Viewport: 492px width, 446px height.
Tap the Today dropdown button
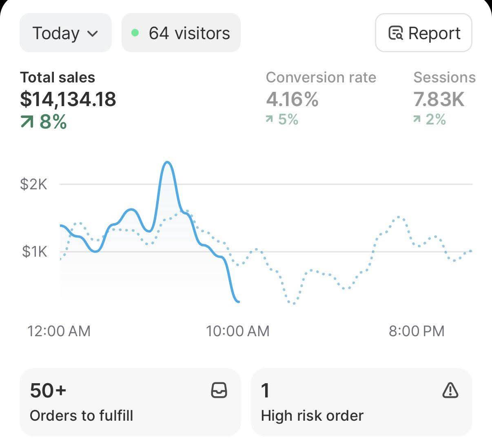pyautogui.click(x=65, y=33)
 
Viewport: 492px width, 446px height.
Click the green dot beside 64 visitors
pyautogui.click(x=135, y=33)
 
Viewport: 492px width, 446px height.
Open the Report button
pyautogui.click(x=423, y=33)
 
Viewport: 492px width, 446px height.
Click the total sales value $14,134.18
pyautogui.click(x=68, y=99)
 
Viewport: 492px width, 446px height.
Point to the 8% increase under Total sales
pyautogui.click(x=44, y=122)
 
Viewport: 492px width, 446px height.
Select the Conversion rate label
pyautogui.click(x=321, y=77)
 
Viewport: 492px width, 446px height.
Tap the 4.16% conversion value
pyautogui.click(x=292, y=99)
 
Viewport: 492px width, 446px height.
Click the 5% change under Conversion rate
pyautogui.click(x=282, y=119)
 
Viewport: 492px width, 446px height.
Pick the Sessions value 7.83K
pyautogui.click(x=439, y=99)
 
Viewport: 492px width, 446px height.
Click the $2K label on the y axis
pyautogui.click(x=34, y=184)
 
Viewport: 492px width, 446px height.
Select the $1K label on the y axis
pyautogui.click(x=35, y=251)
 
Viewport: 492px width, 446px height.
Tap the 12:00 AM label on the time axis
pyautogui.click(x=59, y=331)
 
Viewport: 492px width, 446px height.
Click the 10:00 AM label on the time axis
pyautogui.click(x=238, y=331)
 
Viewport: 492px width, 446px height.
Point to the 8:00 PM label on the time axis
pyautogui.click(x=417, y=331)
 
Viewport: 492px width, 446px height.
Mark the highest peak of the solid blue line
pyautogui.click(x=167, y=162)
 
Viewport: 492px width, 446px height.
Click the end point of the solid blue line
pyautogui.click(x=239, y=302)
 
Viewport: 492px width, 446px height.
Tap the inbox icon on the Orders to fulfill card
pyautogui.click(x=219, y=390)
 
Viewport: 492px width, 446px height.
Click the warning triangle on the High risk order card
pyautogui.click(x=450, y=390)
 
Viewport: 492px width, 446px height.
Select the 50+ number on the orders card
pyautogui.click(x=48, y=390)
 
